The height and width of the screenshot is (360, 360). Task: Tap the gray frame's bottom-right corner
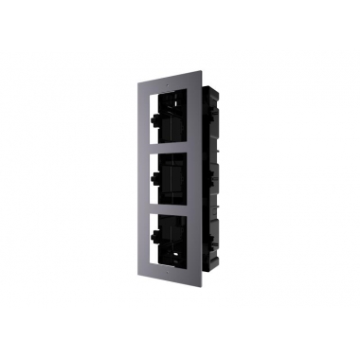pyautogui.click(x=200, y=281)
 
